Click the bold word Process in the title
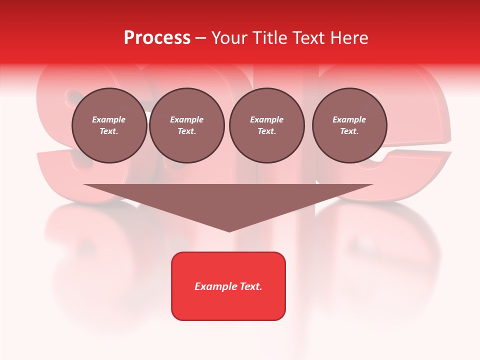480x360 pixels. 157,38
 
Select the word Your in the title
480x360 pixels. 229,38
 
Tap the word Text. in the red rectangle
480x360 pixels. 251,286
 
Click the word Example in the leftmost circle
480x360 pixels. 109,120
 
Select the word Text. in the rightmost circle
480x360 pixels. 349,131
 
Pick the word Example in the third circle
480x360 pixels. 266,120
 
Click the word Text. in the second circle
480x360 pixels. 186,131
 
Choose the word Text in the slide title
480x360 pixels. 308,38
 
